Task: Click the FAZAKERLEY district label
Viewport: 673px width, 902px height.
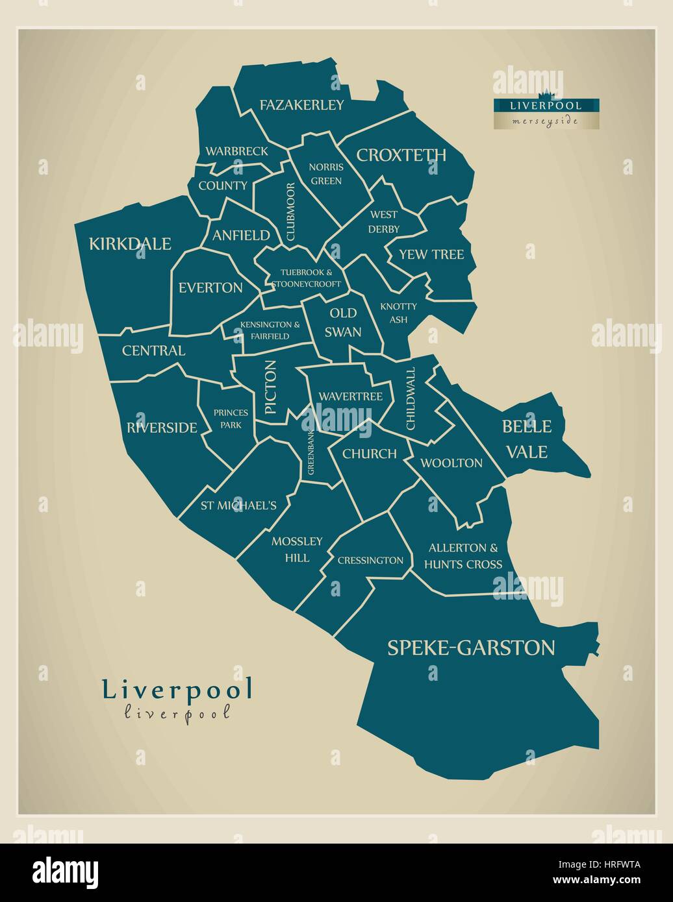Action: [x=301, y=104]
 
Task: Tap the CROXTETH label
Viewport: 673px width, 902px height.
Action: [x=401, y=155]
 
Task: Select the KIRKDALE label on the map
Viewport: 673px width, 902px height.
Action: [x=130, y=244]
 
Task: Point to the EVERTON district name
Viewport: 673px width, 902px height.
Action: [x=210, y=287]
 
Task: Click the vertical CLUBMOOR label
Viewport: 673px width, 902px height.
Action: [x=290, y=212]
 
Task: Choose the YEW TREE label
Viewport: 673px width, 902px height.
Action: [x=431, y=254]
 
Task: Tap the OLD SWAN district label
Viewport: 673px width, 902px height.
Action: [x=343, y=323]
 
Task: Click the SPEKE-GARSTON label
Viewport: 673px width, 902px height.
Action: [x=471, y=648]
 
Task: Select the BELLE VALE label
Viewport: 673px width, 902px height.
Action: [x=527, y=439]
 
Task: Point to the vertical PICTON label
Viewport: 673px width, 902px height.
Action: [x=271, y=387]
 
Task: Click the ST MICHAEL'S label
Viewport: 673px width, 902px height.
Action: [x=238, y=506]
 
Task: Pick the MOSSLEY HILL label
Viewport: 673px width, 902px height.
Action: [x=297, y=549]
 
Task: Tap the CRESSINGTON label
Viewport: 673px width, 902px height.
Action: [x=370, y=560]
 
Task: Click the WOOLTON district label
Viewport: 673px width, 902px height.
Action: [x=451, y=463]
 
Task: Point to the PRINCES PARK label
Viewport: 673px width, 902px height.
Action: [x=231, y=419]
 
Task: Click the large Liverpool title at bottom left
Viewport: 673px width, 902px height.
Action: [x=177, y=690]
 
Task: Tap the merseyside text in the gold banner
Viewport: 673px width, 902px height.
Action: [x=546, y=121]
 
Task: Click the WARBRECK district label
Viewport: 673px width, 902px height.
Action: [x=236, y=151]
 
